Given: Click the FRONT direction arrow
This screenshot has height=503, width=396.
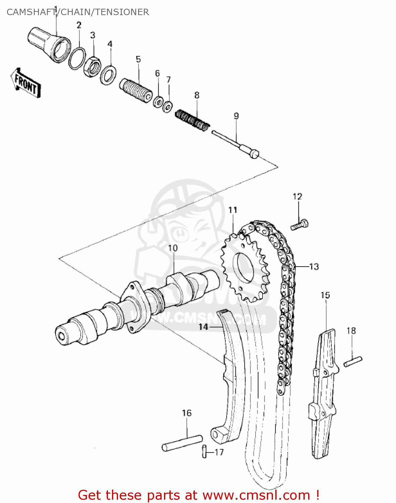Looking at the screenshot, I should tap(26, 83).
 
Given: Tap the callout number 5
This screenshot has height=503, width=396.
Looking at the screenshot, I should tap(138, 59).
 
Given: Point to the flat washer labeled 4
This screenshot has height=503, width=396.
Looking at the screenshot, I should tap(109, 75).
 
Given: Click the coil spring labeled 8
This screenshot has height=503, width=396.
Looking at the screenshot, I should tap(192, 119).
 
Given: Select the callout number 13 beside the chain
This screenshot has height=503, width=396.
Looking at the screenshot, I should tap(314, 267).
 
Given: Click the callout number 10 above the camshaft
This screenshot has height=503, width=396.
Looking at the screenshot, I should tap(173, 248).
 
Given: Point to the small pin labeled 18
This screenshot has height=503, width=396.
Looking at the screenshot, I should tap(353, 362).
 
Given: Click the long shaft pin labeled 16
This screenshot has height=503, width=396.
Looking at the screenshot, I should tap(182, 442).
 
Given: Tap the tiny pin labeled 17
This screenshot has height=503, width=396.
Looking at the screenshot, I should tap(204, 451).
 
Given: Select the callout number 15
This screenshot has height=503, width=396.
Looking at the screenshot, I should tap(325, 295).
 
